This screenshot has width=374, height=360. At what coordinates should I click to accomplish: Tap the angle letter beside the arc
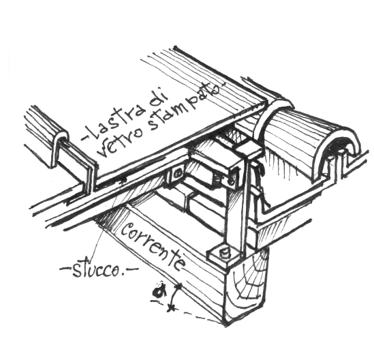159,290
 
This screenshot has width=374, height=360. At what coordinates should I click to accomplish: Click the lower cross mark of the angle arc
170,308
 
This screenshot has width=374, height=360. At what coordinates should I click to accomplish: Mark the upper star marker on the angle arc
178,286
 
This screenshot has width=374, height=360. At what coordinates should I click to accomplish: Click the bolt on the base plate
224,253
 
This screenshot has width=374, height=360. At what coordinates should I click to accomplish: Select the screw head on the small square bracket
177,175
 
